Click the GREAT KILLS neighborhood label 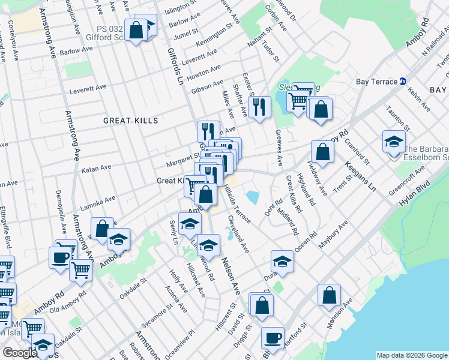(x=130, y=121)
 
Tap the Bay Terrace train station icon (x=403, y=82)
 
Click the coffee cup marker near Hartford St (x=273, y=338)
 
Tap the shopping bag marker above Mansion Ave (x=329, y=295)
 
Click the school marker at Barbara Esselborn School (x=394, y=142)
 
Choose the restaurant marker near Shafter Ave (x=259, y=107)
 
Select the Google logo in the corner (x=20, y=353)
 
